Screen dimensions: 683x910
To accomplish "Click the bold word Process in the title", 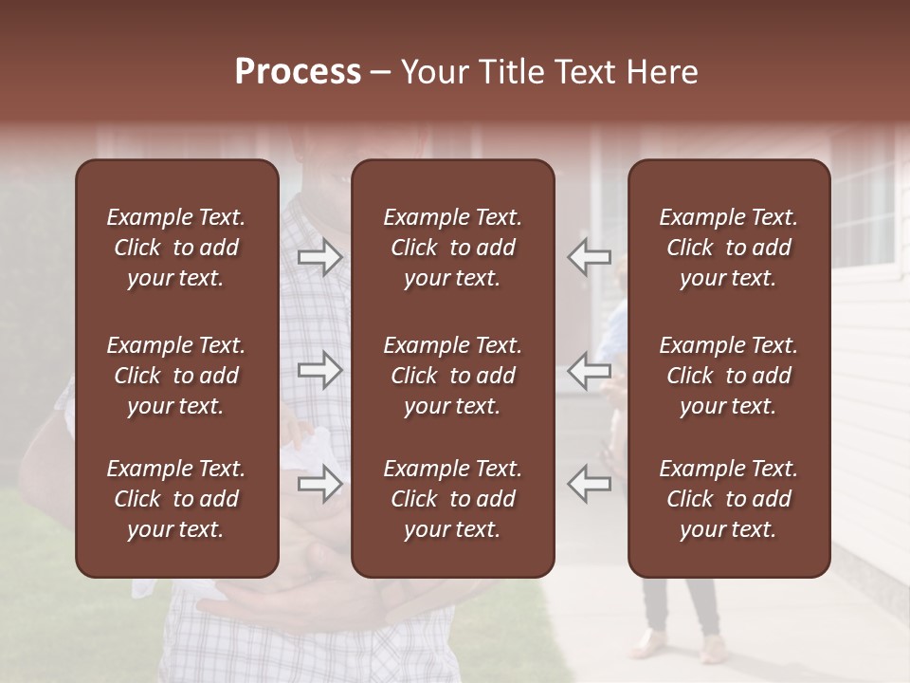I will pyautogui.click(x=298, y=72).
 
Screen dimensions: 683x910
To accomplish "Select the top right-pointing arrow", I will pyautogui.click(x=320, y=257).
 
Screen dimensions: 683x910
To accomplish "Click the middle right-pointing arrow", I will pyautogui.click(x=320, y=370).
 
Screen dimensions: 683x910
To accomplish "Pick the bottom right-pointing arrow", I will pyautogui.click(x=320, y=484).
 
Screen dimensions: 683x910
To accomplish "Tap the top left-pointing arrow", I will pyautogui.click(x=589, y=257).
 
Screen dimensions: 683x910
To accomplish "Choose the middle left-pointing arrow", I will pyautogui.click(x=589, y=370).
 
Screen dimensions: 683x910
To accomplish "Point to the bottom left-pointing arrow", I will pyautogui.click(x=589, y=484).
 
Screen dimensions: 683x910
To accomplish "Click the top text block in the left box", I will pyautogui.click(x=176, y=248).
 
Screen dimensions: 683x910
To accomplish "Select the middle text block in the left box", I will pyautogui.click(x=176, y=376).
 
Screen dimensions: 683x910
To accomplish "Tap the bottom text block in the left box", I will pyautogui.click(x=176, y=499).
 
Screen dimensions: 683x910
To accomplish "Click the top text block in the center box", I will pyautogui.click(x=452, y=248).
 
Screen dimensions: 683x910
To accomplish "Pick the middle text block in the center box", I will pyautogui.click(x=452, y=376).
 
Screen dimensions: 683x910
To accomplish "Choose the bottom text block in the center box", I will pyautogui.click(x=452, y=499).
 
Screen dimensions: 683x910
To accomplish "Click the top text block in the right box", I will pyautogui.click(x=728, y=248).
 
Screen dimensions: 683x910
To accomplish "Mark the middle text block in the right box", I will pyautogui.click(x=728, y=376).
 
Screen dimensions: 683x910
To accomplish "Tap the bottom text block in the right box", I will pyautogui.click(x=728, y=499).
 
